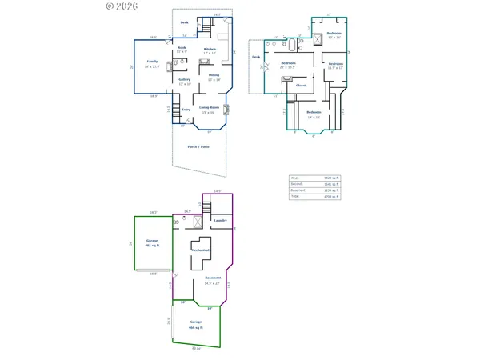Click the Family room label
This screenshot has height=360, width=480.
152,62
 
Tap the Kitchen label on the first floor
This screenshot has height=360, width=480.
210,50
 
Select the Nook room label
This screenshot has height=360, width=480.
182,49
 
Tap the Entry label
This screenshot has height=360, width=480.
186,109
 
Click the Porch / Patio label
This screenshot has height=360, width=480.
198,147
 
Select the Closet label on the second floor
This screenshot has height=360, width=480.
302,84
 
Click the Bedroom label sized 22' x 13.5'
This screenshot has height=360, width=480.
289,63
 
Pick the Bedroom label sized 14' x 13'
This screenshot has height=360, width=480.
314,113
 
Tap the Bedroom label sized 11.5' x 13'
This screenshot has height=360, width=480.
334,66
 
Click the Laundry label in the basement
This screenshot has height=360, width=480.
221,220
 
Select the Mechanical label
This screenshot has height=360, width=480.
200,250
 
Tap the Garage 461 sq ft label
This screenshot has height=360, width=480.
152,242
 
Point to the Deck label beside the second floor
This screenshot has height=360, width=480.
257,58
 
